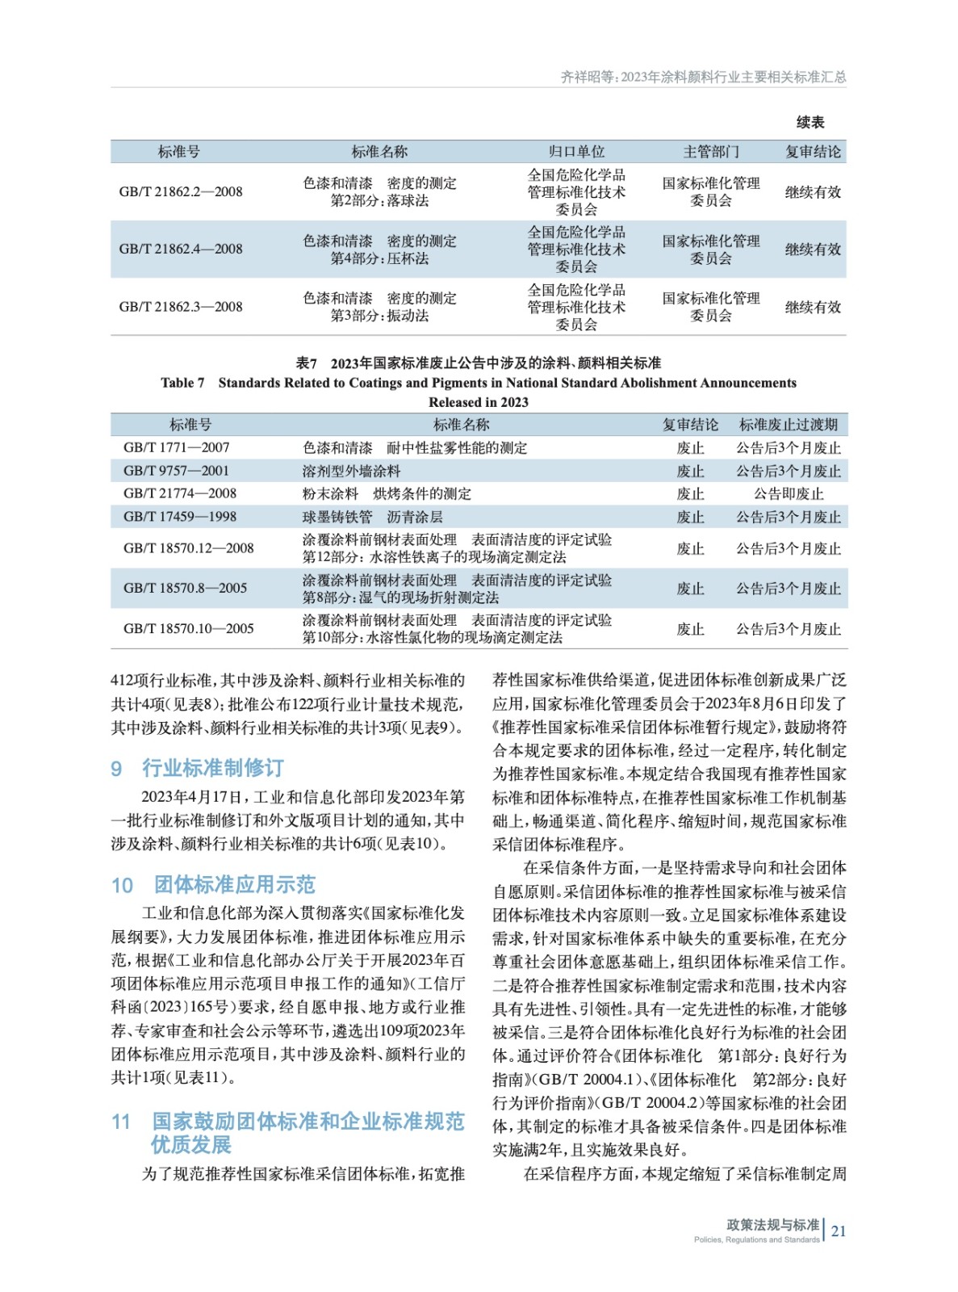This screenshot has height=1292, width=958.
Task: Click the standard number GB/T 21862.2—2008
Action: (x=181, y=192)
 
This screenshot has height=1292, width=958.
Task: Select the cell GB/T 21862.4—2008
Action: (x=181, y=250)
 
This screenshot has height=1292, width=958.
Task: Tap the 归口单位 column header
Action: (x=576, y=152)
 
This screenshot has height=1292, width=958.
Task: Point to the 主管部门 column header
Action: (x=710, y=152)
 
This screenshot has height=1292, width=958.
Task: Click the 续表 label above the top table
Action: (x=810, y=123)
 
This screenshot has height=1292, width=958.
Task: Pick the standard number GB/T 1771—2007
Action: (x=177, y=447)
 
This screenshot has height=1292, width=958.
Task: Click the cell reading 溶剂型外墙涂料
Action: (x=351, y=471)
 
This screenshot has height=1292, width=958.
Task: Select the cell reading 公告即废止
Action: (x=789, y=494)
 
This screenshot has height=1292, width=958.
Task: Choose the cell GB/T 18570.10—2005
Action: (x=189, y=629)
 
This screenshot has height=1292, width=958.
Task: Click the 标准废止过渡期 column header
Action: (x=789, y=425)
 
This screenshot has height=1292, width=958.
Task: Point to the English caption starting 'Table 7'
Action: (x=479, y=384)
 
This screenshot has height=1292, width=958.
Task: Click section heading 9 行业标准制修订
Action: (x=198, y=768)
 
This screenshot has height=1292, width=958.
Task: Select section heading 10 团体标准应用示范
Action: (x=213, y=885)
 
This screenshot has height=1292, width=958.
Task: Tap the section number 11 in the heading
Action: (x=121, y=1122)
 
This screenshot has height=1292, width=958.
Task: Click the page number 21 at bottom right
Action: (x=839, y=1231)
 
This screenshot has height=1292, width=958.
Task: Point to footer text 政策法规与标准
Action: (x=772, y=1225)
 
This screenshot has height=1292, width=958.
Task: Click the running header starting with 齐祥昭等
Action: (x=703, y=78)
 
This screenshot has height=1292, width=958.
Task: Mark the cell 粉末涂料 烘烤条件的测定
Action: (x=387, y=494)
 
